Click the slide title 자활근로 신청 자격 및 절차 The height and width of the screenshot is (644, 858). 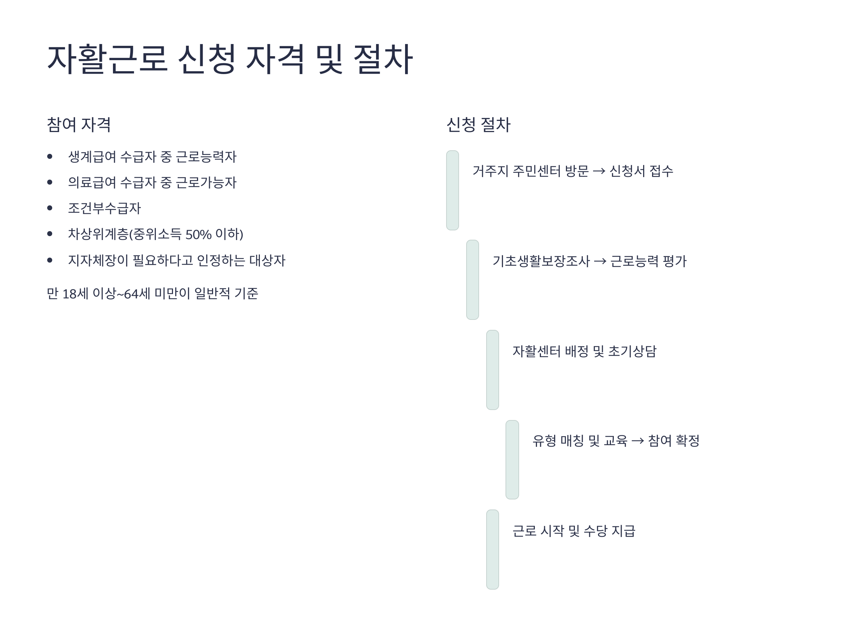coord(230,59)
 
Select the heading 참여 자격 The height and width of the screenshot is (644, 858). coord(79,125)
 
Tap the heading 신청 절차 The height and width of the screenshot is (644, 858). coord(478,125)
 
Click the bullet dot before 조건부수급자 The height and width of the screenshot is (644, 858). coord(50,208)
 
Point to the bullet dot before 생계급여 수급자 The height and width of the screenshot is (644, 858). coord(50,156)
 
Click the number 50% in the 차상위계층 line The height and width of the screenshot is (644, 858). coord(198,234)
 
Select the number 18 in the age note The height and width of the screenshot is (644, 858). coord(69,294)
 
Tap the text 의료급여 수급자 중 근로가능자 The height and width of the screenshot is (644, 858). coord(152,182)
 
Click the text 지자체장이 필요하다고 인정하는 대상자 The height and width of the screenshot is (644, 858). coord(177,260)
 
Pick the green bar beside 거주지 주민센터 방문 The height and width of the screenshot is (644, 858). coord(452,190)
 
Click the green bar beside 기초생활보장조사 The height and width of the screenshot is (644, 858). coord(473,280)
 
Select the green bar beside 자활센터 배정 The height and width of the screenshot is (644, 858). coord(493,370)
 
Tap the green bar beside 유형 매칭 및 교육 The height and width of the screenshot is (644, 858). coord(512,460)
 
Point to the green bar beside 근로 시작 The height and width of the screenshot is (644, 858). coord(493,550)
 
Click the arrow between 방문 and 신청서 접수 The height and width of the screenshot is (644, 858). coord(599,171)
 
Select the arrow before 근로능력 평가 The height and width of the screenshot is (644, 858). coord(600,261)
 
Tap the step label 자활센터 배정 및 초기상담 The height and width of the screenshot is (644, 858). coord(584,351)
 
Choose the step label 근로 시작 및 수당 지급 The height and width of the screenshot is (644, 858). coord(574,531)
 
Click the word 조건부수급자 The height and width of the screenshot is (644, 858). coord(104,209)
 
